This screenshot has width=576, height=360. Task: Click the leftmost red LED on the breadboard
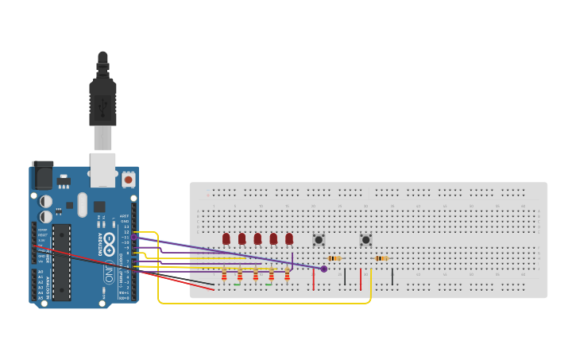pyautogui.click(x=226, y=238)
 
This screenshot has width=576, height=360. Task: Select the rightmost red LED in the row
pyautogui.click(x=289, y=238)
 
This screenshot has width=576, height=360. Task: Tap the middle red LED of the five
pyautogui.click(x=257, y=238)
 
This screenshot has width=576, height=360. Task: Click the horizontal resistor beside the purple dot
pyautogui.click(x=334, y=258)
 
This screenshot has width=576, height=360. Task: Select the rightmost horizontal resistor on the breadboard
pyautogui.click(x=381, y=258)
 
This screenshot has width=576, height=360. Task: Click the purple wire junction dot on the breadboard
pyautogui.click(x=323, y=269)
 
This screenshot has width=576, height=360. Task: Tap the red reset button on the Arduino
pyautogui.click(x=128, y=180)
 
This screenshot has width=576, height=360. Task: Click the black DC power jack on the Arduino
pyautogui.click(x=43, y=175)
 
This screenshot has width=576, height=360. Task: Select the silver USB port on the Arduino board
pyautogui.click(x=102, y=168)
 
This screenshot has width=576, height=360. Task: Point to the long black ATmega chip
pyautogui.click(x=62, y=262)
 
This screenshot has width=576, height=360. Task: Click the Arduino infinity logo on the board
pyautogui.click(x=109, y=274)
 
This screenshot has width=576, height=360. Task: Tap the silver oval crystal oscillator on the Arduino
pyautogui.click(x=83, y=205)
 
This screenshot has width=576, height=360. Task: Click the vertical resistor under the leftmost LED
pyautogui.click(x=224, y=276)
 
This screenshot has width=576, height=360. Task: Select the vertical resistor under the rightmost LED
pyautogui.click(x=288, y=276)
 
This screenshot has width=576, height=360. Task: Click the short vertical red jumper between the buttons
pyautogui.click(x=361, y=279)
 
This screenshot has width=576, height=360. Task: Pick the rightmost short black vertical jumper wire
pyautogui.click(x=392, y=276)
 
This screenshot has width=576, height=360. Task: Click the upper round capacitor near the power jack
pyautogui.click(x=45, y=201)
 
